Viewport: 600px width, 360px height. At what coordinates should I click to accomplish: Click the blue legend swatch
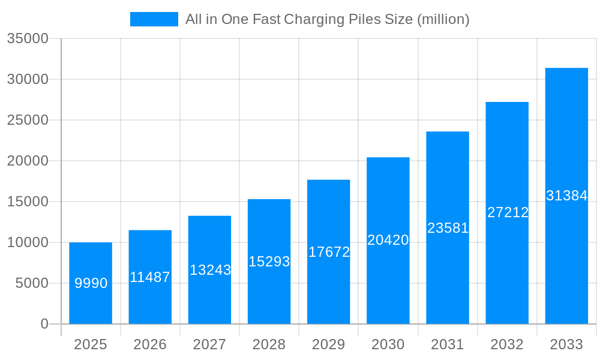click(x=154, y=19)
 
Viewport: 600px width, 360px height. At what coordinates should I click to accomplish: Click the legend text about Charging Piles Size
click(x=327, y=19)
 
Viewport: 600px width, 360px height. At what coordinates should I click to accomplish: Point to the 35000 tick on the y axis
click(x=28, y=38)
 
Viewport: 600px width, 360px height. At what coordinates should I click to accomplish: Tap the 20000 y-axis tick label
click(x=28, y=161)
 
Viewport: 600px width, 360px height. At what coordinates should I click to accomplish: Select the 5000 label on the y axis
click(x=32, y=283)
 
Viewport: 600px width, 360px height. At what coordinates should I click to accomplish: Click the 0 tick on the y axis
click(x=44, y=324)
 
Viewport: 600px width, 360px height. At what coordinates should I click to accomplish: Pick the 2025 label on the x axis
click(x=91, y=344)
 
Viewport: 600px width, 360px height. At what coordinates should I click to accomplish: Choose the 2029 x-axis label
click(x=328, y=344)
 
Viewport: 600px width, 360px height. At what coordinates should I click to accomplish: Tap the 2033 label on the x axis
click(x=566, y=344)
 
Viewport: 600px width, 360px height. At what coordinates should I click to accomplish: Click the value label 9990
click(x=91, y=283)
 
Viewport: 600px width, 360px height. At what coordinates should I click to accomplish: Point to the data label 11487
click(x=150, y=277)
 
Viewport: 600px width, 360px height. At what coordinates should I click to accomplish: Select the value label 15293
click(x=269, y=262)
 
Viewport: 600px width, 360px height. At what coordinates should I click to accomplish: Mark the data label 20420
click(x=388, y=240)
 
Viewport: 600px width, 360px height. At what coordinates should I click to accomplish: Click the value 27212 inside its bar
click(x=507, y=212)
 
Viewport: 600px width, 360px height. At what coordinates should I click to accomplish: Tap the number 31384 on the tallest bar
click(x=566, y=196)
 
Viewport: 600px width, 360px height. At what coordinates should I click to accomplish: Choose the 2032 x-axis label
click(x=507, y=344)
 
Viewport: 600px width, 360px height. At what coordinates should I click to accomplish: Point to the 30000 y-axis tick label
click(x=28, y=79)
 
